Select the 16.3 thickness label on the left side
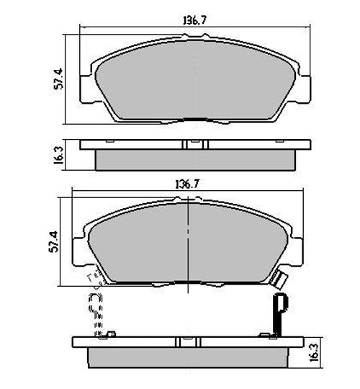tap(60, 154)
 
